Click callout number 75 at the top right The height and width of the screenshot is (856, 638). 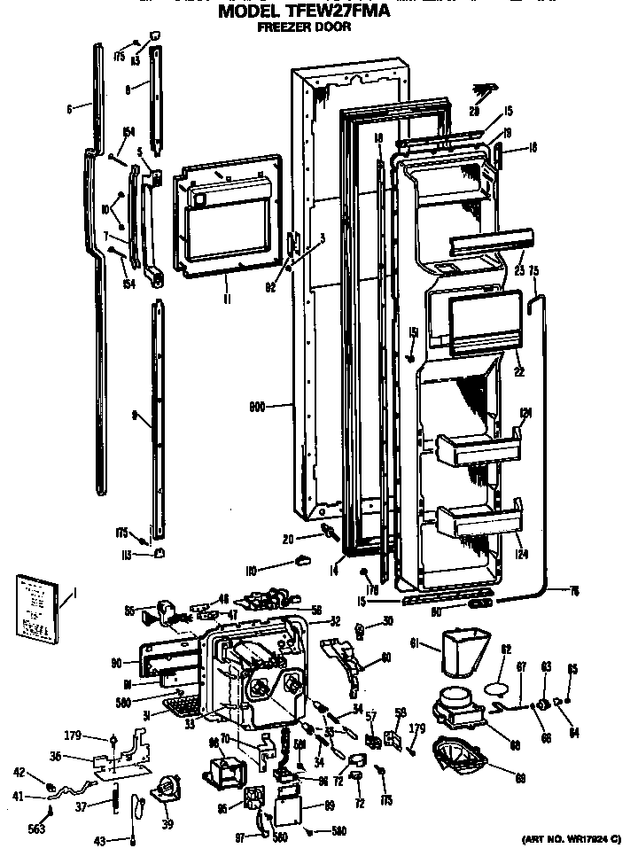pyautogui.click(x=533, y=273)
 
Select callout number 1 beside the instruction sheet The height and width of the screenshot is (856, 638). pyautogui.click(x=75, y=592)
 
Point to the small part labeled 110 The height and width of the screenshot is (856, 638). pyautogui.click(x=303, y=559)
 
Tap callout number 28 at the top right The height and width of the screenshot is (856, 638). pyautogui.click(x=476, y=111)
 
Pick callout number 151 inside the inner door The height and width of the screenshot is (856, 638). pyautogui.click(x=413, y=331)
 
